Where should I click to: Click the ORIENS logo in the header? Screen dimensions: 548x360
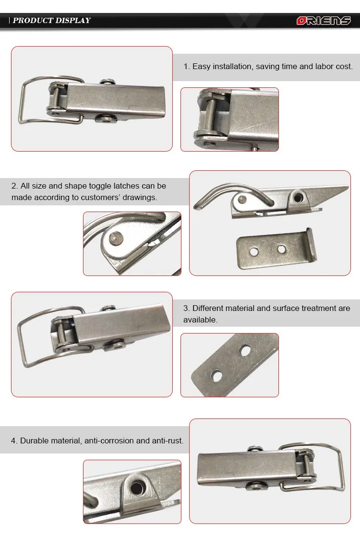(x=324, y=21)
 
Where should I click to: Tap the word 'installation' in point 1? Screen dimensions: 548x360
(x=228, y=67)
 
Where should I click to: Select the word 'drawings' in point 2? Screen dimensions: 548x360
(x=141, y=197)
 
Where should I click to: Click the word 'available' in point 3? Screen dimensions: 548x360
(x=200, y=320)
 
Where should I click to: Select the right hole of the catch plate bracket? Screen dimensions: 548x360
(x=282, y=249)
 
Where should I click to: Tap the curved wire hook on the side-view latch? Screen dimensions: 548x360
(x=211, y=194)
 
